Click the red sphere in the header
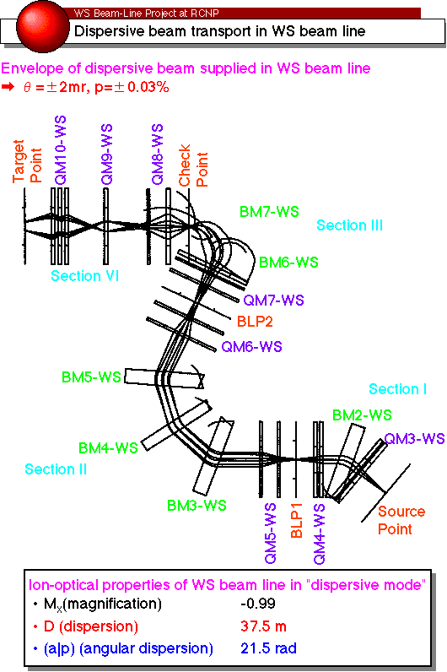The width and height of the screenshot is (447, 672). tap(42, 26)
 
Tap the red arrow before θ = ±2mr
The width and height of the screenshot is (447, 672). tap(8, 87)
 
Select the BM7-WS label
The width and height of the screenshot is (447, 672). tap(269, 211)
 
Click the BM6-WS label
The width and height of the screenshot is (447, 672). tap(288, 262)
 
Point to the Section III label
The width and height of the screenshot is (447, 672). tap(349, 225)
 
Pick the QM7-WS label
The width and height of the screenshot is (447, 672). tap(273, 300)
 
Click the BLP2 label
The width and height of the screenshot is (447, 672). tap(255, 322)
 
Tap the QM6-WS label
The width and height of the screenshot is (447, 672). tap(252, 346)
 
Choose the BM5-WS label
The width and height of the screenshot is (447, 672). tap(91, 377)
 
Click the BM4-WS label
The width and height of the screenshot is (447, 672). tap(108, 447)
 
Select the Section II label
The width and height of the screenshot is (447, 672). tap(56, 469)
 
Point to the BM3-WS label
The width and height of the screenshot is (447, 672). tap(197, 506)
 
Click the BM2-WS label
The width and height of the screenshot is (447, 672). tap(362, 415)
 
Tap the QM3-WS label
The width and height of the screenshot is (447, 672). tap(414, 438)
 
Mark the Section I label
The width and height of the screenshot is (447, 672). tap(398, 388)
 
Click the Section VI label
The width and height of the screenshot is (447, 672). tap(85, 275)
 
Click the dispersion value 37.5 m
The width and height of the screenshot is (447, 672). tap(263, 626)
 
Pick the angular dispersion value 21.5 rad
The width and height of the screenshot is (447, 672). tap(268, 648)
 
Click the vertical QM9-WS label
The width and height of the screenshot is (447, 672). tap(106, 154)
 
